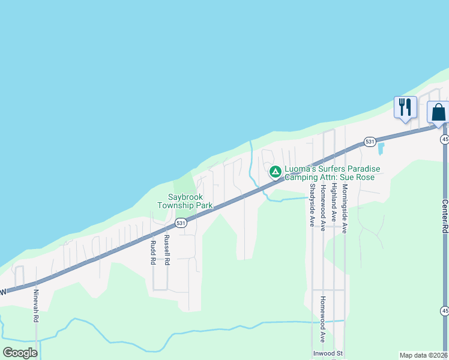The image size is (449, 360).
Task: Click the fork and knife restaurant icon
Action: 405,107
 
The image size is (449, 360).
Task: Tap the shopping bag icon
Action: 438,112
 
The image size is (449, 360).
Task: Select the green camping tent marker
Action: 275,172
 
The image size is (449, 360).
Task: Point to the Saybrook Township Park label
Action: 185,201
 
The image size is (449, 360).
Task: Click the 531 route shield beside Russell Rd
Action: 181,223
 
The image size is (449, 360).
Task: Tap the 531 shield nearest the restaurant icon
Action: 370,142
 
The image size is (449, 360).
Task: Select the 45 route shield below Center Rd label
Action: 444,311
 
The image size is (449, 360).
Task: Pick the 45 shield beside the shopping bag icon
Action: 444,139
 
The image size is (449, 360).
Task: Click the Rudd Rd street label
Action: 153,253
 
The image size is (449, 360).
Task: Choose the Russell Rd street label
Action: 167,250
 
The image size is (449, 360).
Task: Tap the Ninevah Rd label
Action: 36,307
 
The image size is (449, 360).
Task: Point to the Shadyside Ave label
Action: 312,205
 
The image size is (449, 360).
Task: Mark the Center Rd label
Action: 445,217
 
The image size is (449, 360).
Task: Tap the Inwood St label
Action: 327,353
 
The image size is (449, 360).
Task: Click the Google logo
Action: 20,353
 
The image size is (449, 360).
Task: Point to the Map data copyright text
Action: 424,355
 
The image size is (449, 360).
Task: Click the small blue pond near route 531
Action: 381,148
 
